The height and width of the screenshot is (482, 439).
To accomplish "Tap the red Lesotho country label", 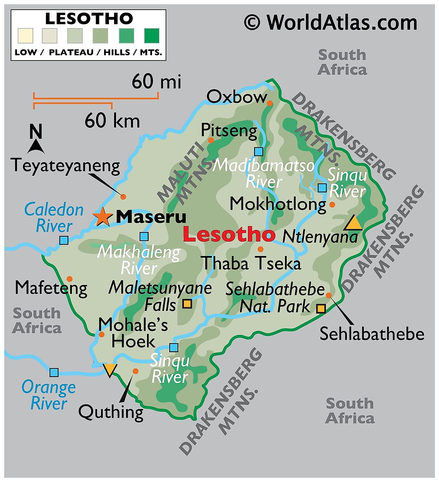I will pyautogui.click(x=229, y=234).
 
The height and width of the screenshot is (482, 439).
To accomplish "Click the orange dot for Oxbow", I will pyautogui.click(x=270, y=103).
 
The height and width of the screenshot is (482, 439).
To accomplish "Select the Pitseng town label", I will pyautogui.click(x=229, y=130).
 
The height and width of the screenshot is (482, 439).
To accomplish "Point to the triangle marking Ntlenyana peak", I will pyautogui.click(x=353, y=223).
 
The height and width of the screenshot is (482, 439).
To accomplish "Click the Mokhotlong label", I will pyautogui.click(x=278, y=204).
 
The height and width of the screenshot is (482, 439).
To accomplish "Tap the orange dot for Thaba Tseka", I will pyautogui.click(x=260, y=249).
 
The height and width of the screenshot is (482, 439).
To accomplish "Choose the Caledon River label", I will pyautogui.click(x=54, y=218).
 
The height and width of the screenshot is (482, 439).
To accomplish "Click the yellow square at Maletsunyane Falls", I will pyautogui.click(x=188, y=304).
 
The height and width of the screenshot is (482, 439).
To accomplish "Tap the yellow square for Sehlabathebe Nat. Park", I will pyautogui.click(x=321, y=309).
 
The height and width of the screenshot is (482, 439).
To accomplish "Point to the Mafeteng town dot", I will pyautogui.click(x=70, y=279).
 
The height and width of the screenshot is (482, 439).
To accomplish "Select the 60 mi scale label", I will pyautogui.click(x=156, y=82).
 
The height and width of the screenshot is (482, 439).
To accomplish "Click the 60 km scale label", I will pyautogui.click(x=112, y=120).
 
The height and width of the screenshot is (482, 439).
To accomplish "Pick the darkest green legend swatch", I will pyautogui.click(x=152, y=36).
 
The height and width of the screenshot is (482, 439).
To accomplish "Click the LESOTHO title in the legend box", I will pyautogui.click(x=89, y=19).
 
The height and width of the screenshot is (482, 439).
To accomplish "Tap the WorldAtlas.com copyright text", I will pyautogui.click(x=331, y=23).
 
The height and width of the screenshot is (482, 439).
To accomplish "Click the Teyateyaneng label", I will pyautogui.click(x=66, y=165).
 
